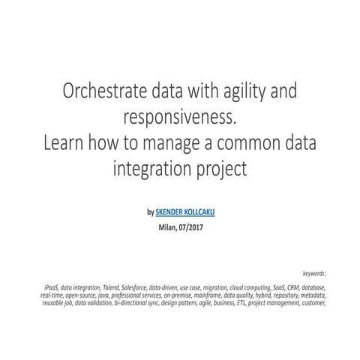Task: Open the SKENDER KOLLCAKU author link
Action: pyautogui.click(x=185, y=212)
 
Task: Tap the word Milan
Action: pyautogui.click(x=169, y=226)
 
